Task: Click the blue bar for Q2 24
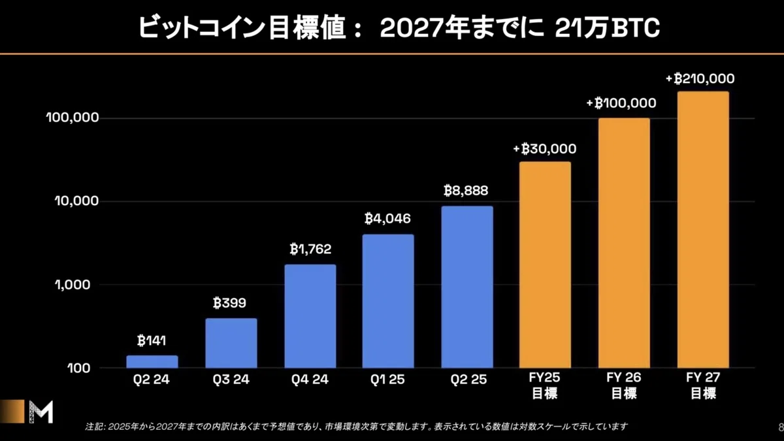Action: (152, 361)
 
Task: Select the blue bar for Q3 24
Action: (231, 343)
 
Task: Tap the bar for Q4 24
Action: (310, 316)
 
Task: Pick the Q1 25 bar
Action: (388, 301)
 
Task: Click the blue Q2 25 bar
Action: (467, 287)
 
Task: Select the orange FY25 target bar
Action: (545, 265)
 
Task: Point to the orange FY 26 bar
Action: (624, 243)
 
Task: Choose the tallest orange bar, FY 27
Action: (703, 229)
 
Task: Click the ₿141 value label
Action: (152, 340)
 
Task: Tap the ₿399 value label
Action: (229, 302)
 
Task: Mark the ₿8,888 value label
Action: (466, 191)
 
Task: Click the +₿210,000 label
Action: (700, 79)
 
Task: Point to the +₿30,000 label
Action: (545, 149)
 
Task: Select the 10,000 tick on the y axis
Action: (76, 201)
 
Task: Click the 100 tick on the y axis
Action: (79, 368)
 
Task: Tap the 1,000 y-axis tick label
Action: (73, 285)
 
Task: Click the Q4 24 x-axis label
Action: (310, 380)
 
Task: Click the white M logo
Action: (41, 412)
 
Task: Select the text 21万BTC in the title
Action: (607, 27)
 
